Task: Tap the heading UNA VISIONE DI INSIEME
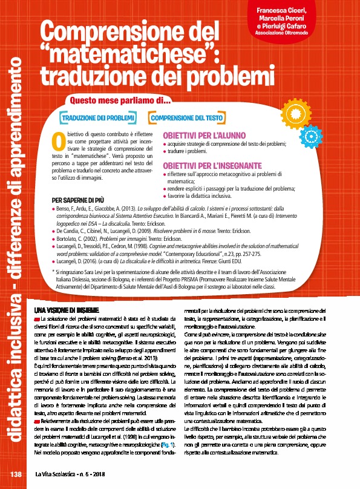coord(57,310)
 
